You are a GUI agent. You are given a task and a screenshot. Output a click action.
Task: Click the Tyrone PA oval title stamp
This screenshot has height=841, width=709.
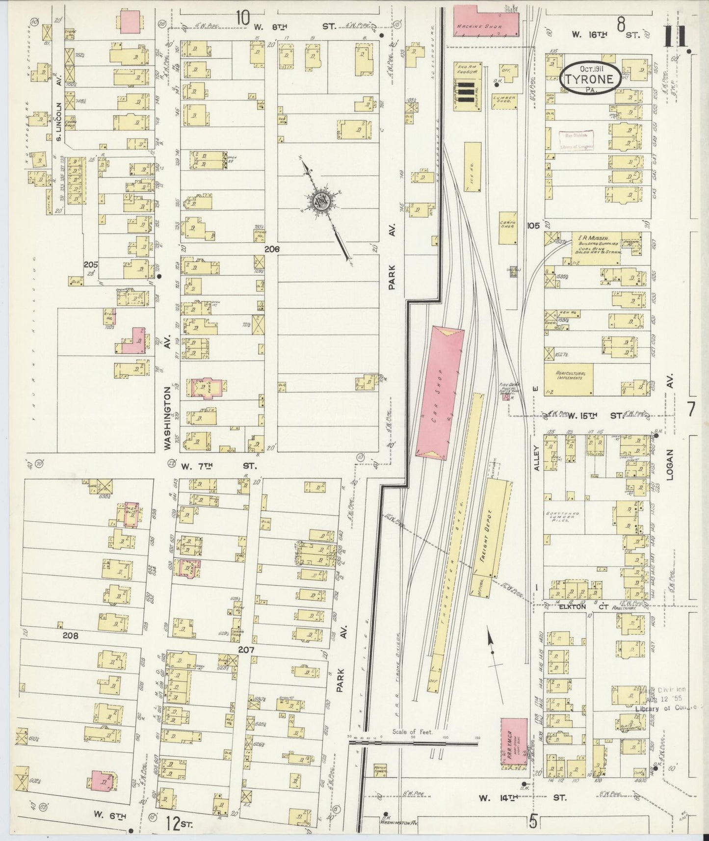point(590,78)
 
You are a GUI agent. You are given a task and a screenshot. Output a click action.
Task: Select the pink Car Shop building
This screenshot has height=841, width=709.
point(440,393)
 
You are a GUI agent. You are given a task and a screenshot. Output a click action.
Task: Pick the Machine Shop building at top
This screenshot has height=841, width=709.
point(478,21)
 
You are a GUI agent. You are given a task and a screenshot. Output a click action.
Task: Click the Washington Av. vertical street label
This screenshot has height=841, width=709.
point(168,417)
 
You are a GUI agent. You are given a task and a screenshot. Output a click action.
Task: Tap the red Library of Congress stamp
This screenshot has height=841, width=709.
point(577,140)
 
